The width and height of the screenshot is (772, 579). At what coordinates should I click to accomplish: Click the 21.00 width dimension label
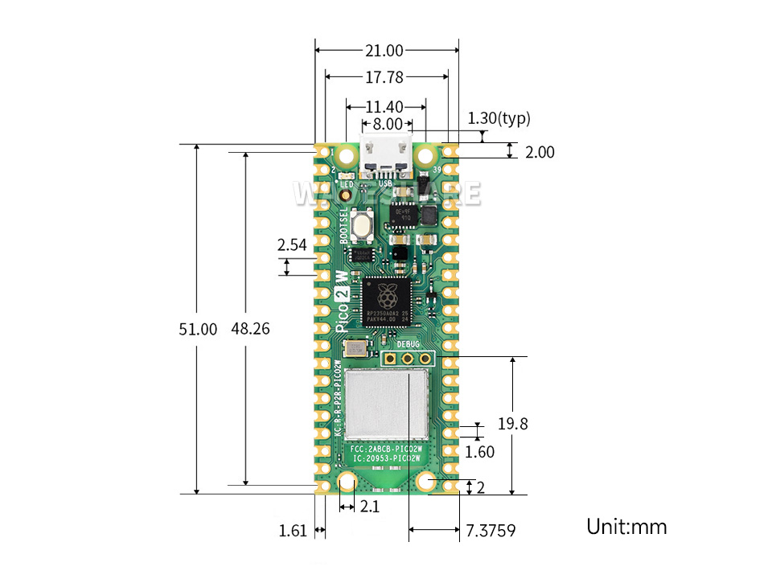pyautogui.click(x=384, y=51)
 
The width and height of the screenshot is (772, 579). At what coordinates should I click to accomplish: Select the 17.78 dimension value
pyautogui.click(x=384, y=77)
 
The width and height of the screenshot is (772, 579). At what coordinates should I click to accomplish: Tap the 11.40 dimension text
pyautogui.click(x=384, y=106)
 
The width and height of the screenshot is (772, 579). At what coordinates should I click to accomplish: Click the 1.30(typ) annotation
pyautogui.click(x=499, y=119)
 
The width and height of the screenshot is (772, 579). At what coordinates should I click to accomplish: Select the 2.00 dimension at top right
pyautogui.click(x=539, y=151)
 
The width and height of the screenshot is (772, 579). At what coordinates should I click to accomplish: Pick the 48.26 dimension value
pyautogui.click(x=250, y=329)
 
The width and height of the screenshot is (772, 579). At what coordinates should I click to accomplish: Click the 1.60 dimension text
pyautogui.click(x=480, y=452)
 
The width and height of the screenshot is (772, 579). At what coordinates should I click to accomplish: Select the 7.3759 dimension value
pyautogui.click(x=491, y=531)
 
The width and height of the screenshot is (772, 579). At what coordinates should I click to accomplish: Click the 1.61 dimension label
pyautogui.click(x=293, y=531)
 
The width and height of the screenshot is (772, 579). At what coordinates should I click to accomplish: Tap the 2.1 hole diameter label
pyautogui.click(x=369, y=507)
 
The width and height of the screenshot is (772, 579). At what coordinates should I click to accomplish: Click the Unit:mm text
pyautogui.click(x=626, y=527)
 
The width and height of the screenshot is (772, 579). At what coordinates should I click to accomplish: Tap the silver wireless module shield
pyautogui.click(x=387, y=405)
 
